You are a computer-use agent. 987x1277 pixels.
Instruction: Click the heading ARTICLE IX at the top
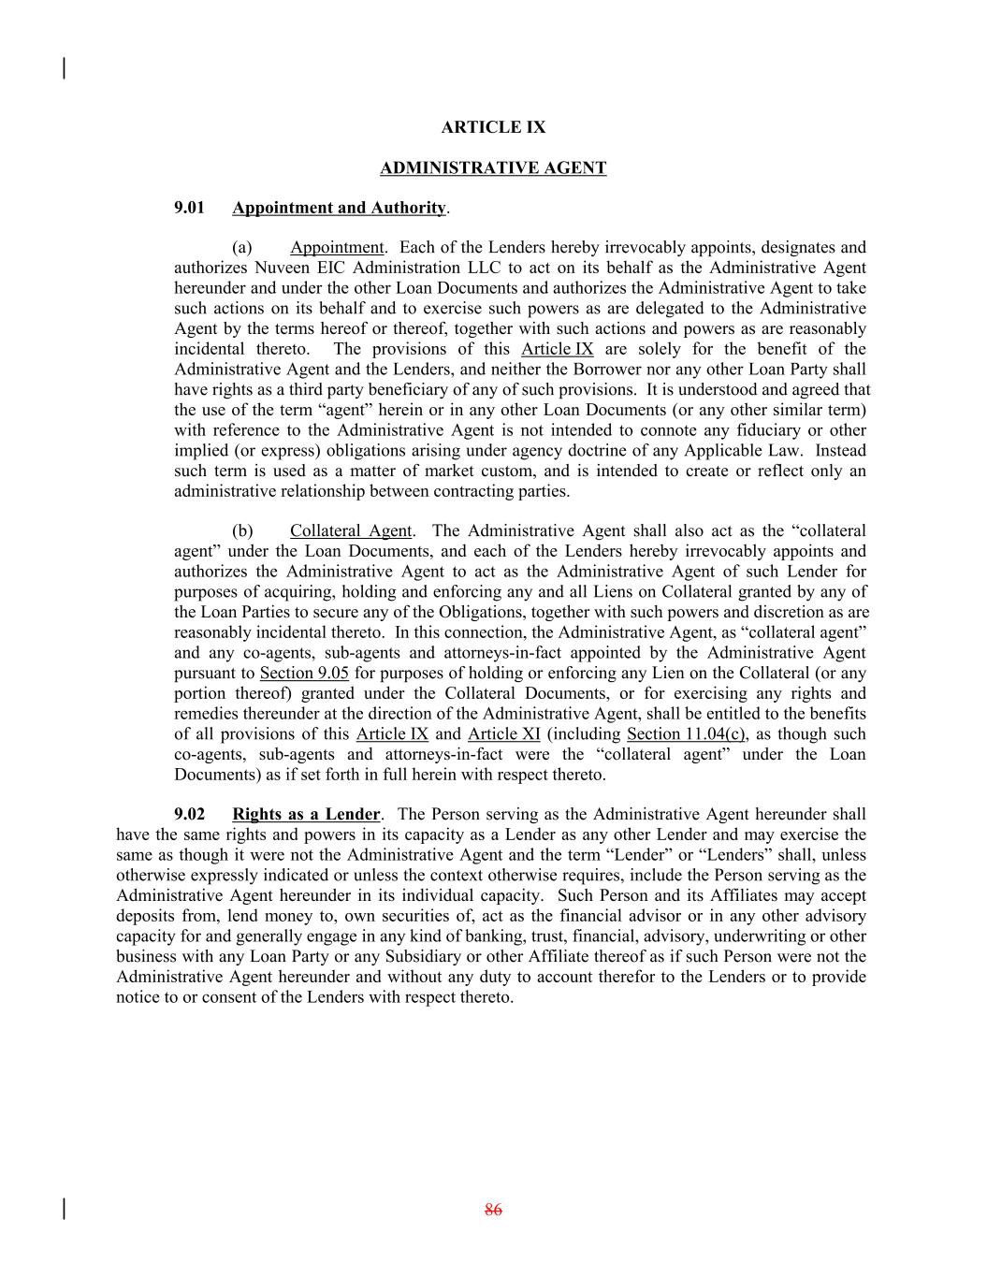493,127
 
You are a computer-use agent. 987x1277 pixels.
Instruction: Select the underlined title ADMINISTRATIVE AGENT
493,168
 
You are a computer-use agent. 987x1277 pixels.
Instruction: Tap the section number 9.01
189,208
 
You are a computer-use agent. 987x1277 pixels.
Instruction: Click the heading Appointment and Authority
339,208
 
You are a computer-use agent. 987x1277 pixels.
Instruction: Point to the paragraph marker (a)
242,248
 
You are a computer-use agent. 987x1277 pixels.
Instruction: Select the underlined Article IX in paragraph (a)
557,350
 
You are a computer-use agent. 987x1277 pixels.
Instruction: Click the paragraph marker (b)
242,531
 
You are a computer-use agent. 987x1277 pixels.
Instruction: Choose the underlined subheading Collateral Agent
350,531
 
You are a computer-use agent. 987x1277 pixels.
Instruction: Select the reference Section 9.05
304,674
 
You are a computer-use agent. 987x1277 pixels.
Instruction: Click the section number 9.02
189,815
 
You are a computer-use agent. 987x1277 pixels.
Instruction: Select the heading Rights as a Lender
306,815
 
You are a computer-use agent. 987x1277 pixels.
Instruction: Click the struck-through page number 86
493,1211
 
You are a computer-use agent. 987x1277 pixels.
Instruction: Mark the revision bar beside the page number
64,1210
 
